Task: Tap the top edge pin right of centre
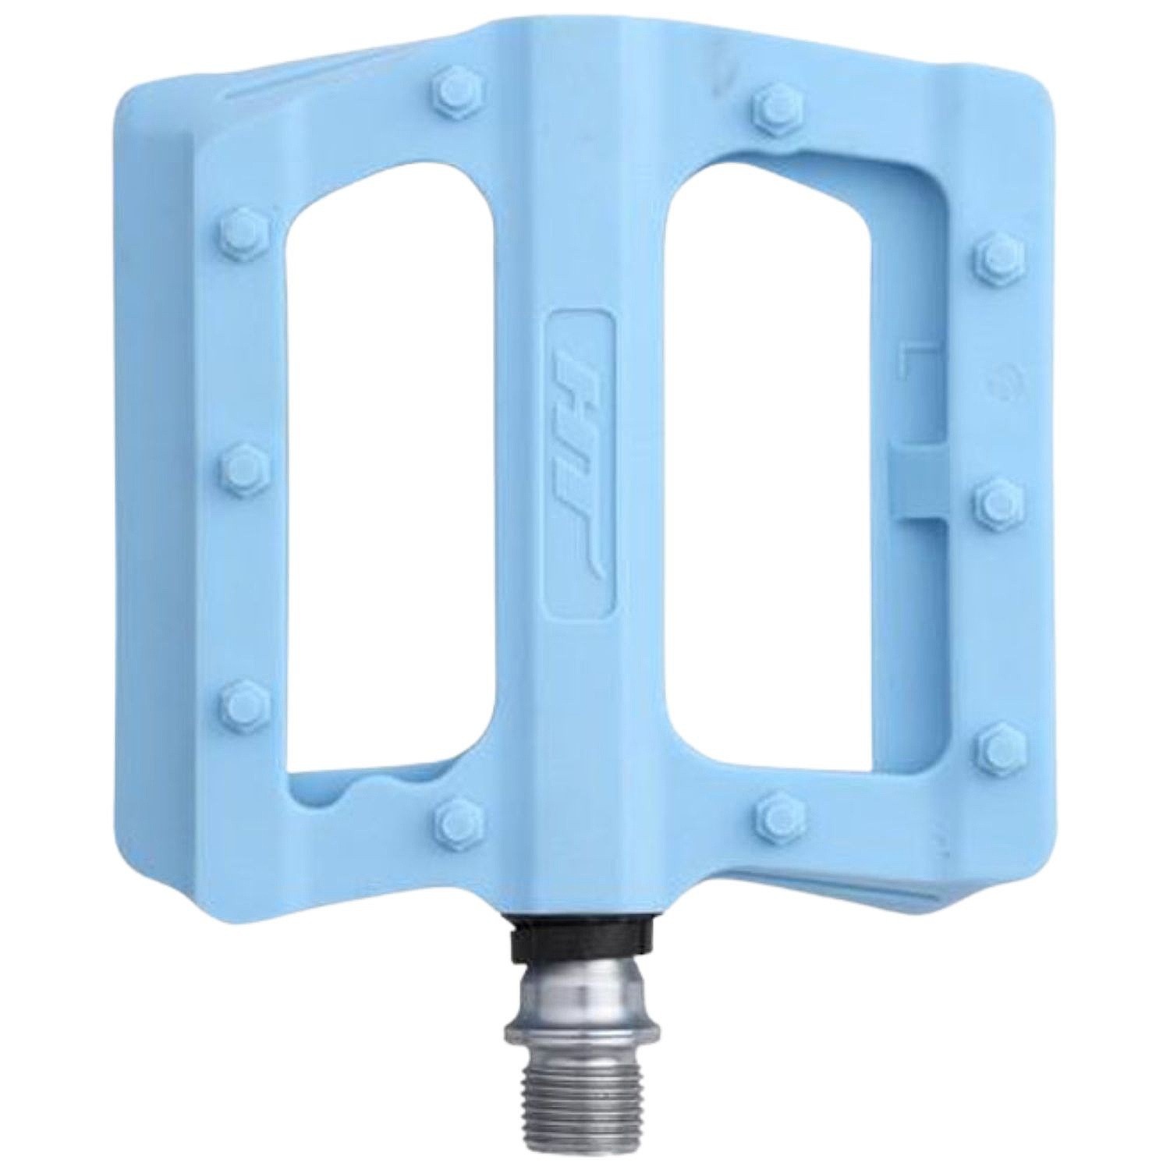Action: [x=775, y=99]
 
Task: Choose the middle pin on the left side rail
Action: [x=235, y=469]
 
